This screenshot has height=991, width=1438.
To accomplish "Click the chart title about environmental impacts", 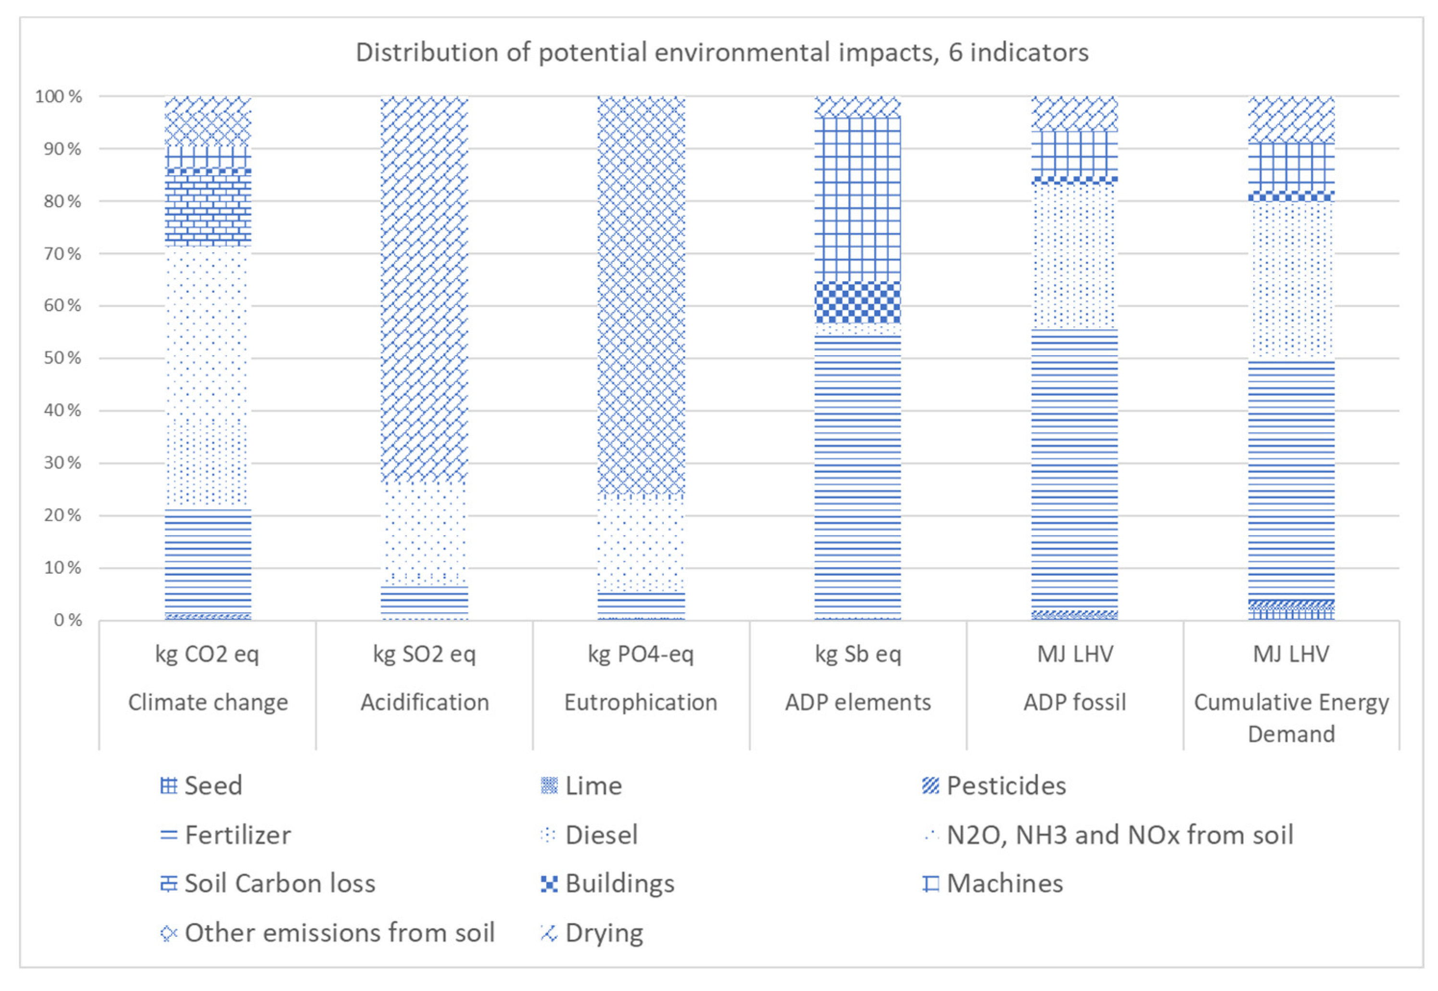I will coord(721,53).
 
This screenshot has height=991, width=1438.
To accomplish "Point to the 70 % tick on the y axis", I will coord(62,253).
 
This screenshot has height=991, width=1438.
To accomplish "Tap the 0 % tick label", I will coord(67,619).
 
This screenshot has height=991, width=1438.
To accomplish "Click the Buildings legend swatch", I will coord(548,883).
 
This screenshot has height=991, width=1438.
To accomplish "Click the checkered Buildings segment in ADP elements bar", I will coord(857,302).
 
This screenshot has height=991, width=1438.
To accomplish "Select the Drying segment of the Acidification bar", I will coord(424,289).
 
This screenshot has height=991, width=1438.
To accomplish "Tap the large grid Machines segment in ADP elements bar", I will coord(857,198).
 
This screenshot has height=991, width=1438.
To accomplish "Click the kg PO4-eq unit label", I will coord(641,654).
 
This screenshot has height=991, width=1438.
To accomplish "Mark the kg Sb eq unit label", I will coord(857,654).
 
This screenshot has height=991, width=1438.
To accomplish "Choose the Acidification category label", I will coord(424,702).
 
